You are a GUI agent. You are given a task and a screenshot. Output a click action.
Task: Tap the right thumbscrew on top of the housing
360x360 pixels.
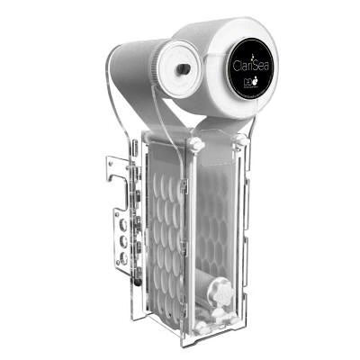(x=238, y=140)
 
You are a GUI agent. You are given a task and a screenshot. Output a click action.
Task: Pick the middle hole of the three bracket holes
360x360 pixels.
(x=122, y=243)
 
